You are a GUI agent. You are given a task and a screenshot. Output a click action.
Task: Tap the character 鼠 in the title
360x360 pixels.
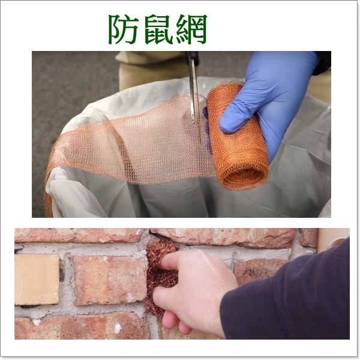pos(157,28)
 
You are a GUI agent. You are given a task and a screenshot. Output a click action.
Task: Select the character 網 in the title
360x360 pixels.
pos(190,28)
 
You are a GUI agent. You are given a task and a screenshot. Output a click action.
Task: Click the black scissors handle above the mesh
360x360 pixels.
pos(193,59)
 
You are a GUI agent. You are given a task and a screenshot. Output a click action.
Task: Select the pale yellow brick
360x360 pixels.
pos(37,279)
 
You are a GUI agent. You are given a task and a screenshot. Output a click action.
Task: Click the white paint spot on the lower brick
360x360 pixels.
pos(117,328)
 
